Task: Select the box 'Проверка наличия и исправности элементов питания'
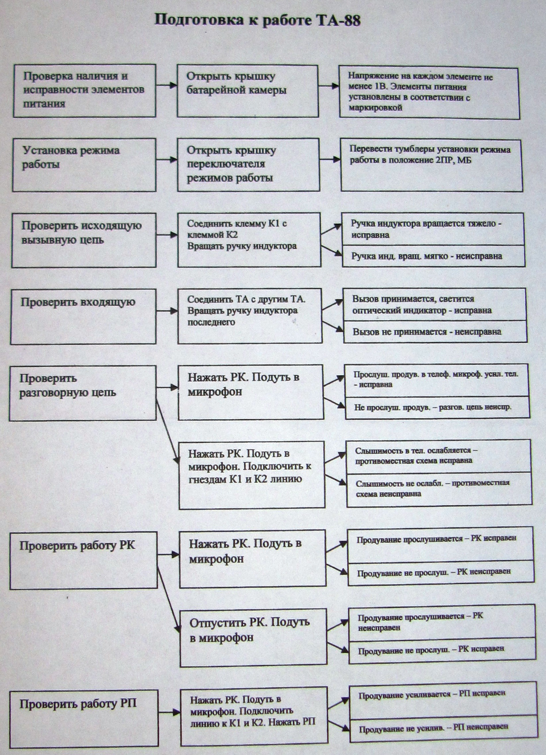[84, 90]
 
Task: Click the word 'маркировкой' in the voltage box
[375, 108]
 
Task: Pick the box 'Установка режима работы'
[84, 165]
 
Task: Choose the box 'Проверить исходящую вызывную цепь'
[84, 240]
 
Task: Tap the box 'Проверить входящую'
[83, 316]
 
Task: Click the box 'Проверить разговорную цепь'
[83, 393]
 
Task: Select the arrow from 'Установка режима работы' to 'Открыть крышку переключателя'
[166, 160]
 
